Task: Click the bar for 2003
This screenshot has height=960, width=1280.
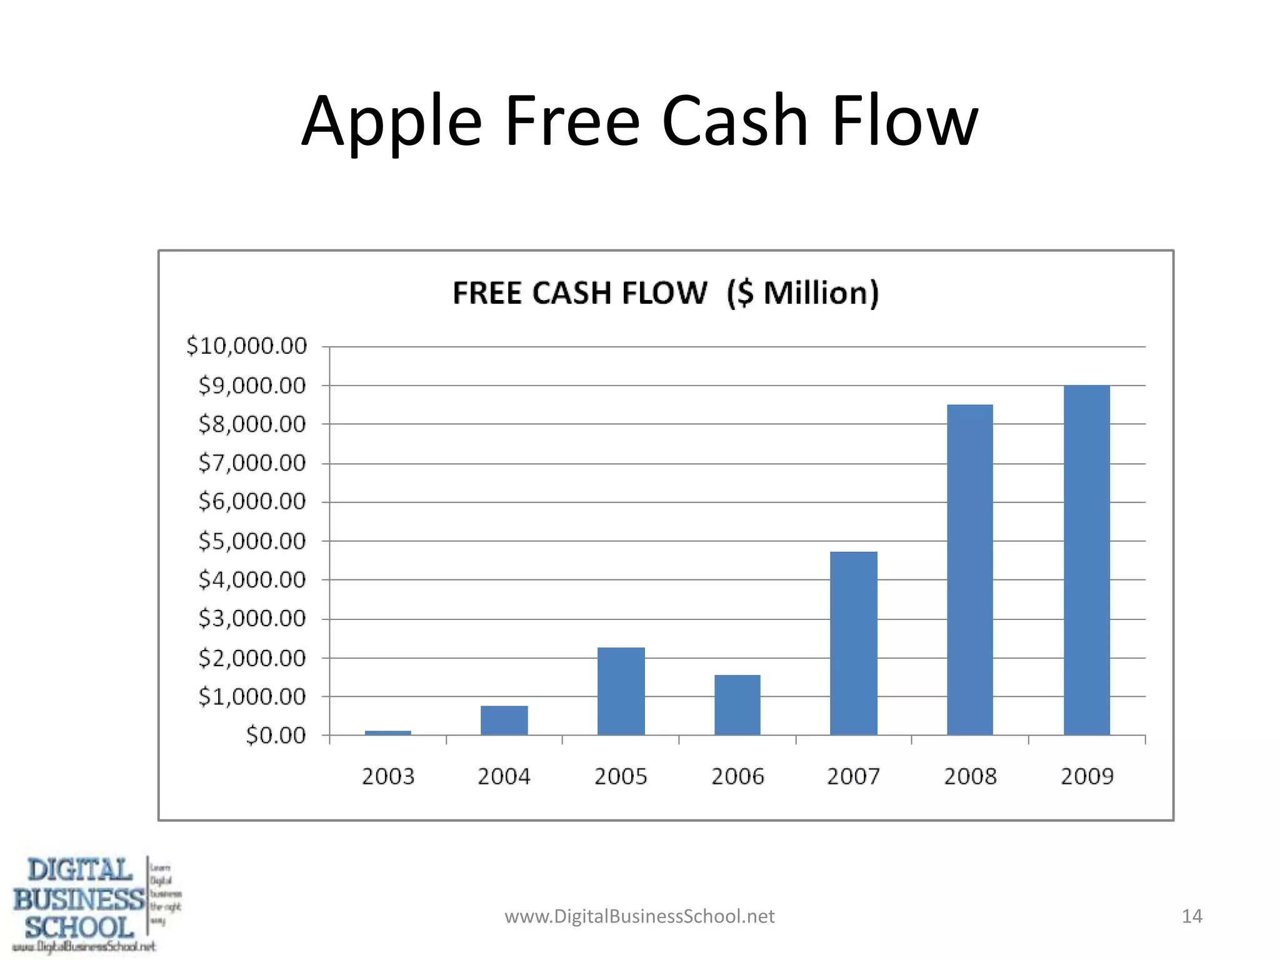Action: click(387, 732)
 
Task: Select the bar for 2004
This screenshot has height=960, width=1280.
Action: click(504, 720)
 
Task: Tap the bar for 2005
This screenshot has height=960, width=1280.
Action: click(621, 691)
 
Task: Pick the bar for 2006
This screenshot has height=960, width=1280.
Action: click(737, 705)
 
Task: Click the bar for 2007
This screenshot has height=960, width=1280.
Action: click(854, 644)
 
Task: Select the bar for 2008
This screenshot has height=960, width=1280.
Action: click(970, 570)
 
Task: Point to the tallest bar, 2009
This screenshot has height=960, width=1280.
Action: click(1087, 560)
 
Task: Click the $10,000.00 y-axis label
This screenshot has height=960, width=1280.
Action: click(247, 346)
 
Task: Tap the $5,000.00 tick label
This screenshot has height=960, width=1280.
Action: click(252, 541)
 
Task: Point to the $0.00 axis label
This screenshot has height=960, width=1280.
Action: click(276, 735)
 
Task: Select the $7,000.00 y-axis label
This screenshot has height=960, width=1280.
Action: click(252, 463)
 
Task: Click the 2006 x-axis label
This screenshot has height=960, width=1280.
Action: click(737, 776)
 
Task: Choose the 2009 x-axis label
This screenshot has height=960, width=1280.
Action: click(1087, 776)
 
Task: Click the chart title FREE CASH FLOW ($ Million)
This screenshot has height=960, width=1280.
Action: click(666, 292)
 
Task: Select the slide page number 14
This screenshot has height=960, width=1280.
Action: click(1192, 916)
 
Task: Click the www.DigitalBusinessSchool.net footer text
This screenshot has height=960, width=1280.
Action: click(639, 916)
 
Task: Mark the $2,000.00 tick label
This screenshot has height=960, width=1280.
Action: click(252, 657)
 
